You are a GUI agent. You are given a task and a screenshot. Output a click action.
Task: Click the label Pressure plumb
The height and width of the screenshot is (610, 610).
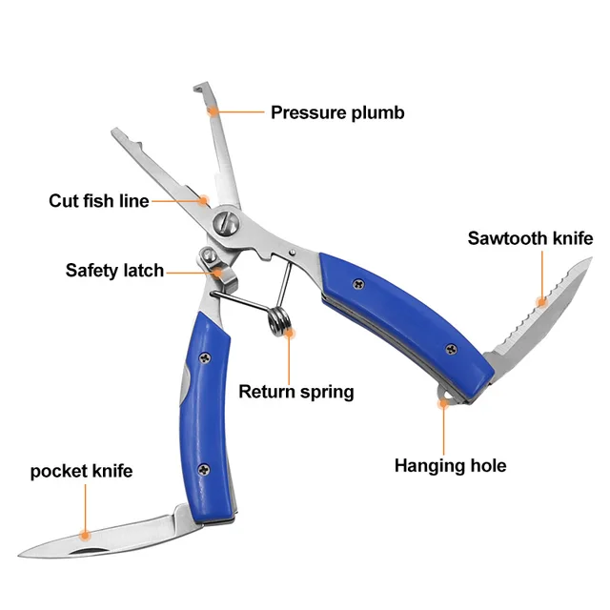pyautogui.click(x=337, y=112)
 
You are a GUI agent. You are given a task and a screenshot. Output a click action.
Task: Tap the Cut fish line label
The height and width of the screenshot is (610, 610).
pyautogui.click(x=99, y=201)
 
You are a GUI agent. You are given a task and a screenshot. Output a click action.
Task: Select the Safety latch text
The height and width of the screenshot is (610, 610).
pyautogui.click(x=114, y=271)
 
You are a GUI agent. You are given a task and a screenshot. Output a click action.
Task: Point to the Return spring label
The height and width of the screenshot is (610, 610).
pyautogui.click(x=295, y=391)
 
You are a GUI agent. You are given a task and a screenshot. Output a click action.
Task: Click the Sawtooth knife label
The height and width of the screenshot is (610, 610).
pyautogui.click(x=530, y=238)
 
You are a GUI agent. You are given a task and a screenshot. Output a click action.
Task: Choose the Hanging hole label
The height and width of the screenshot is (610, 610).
pyautogui.click(x=450, y=465)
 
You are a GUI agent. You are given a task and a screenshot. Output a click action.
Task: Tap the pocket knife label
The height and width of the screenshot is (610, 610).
pyautogui.click(x=81, y=471)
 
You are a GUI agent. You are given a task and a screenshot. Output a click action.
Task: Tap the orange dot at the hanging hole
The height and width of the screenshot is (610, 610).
pyautogui.click(x=442, y=403)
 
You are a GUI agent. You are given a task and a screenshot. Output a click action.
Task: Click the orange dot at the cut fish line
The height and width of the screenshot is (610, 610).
pyautogui.click(x=204, y=200)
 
